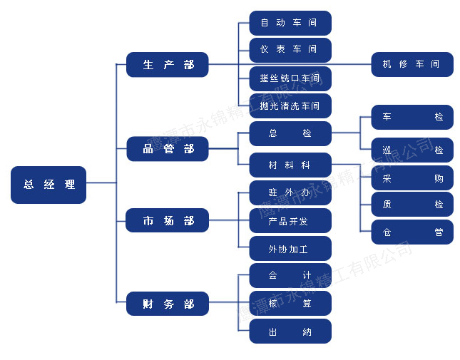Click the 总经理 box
click(48, 185)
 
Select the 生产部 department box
click(167, 64)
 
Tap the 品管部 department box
click(168, 148)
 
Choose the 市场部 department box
click(167, 220)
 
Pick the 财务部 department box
click(168, 304)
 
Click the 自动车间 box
click(290, 23)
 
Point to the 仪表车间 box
click(290, 50)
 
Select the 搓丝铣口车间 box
click(290, 78)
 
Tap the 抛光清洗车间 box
click(290, 106)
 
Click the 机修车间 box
click(412, 64)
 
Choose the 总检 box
click(290, 134)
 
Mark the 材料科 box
click(290, 165)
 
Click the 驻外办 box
click(290, 192)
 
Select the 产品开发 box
click(290, 221)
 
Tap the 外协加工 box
click(290, 249)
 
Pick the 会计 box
click(290, 276)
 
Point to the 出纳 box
click(290, 331)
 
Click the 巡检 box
click(412, 150)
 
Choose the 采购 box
click(412, 178)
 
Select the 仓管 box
click(412, 232)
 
